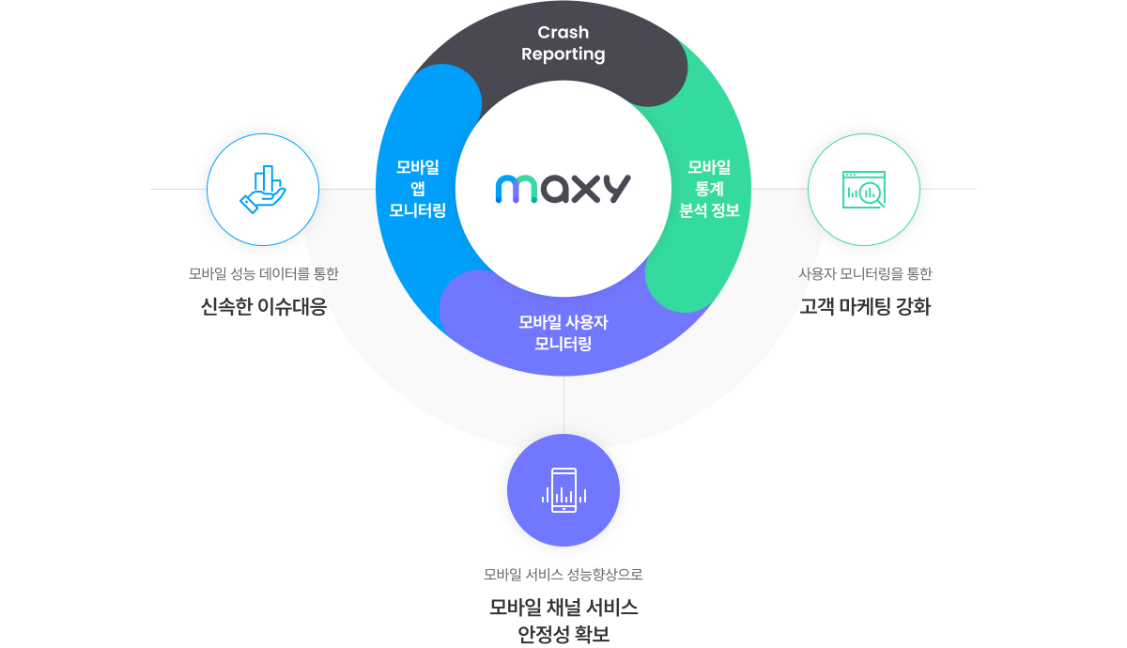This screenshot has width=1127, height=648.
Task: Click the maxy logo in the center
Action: click(563, 188)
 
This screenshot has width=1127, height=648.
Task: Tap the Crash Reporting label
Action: click(563, 43)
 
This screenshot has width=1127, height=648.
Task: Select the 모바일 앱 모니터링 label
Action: click(418, 189)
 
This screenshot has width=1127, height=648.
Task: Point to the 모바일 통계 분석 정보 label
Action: click(709, 189)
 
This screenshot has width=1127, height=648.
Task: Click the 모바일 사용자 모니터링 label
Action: click(563, 332)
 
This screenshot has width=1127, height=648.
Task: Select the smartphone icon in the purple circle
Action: click(563, 489)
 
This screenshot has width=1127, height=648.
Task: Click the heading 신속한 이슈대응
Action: click(264, 306)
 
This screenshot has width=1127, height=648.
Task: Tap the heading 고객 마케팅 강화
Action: click(865, 306)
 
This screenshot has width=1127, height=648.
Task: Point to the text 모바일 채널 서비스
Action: click(563, 607)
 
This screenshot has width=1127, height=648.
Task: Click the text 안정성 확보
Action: click(563, 635)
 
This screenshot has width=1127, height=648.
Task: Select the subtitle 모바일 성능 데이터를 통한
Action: click(263, 274)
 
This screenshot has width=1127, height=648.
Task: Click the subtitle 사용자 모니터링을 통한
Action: click(865, 274)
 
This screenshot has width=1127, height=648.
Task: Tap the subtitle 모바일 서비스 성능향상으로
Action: click(563, 574)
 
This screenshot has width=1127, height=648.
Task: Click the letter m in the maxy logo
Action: click(514, 189)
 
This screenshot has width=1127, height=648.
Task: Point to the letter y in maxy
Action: click(616, 191)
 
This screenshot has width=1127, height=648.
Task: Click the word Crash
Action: click(563, 33)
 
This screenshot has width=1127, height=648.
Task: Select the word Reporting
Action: click(563, 54)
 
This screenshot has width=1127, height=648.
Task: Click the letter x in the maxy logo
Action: click(586, 189)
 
